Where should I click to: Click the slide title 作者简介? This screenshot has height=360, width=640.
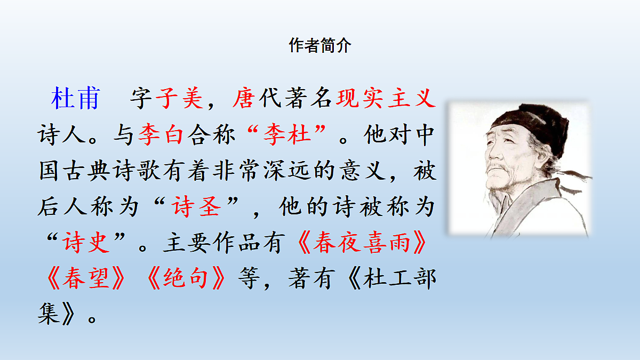[x=320, y=46]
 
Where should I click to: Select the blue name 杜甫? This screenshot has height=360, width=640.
[x=75, y=99]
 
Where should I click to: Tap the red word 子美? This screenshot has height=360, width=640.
[x=179, y=99]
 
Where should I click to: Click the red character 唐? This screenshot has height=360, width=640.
[x=243, y=99]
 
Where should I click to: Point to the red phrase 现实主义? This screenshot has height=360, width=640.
[x=382, y=99]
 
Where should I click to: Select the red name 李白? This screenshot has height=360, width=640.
[x=161, y=135]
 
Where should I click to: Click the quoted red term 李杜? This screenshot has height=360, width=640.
[x=287, y=135]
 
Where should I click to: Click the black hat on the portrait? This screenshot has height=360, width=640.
[x=533, y=125]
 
